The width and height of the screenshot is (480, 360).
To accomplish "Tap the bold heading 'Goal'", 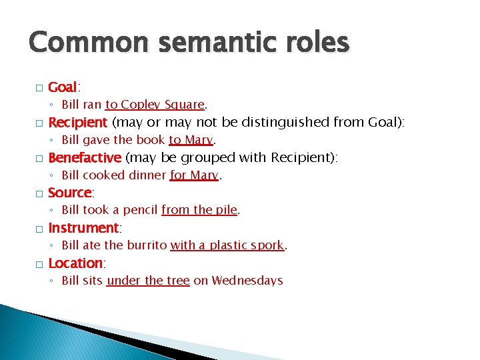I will point(63,87).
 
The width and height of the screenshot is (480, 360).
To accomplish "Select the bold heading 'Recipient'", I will point(77,123).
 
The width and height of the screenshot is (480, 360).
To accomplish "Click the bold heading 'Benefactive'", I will point(85,158).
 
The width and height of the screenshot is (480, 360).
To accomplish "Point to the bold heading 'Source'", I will point(70,193).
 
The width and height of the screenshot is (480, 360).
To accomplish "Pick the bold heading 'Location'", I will point(75,263).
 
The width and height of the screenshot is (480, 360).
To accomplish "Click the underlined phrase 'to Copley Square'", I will point(155,105).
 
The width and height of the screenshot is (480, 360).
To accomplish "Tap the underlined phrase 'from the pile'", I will point(199,210).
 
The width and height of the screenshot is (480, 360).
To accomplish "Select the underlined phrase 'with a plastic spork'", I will point(227,245).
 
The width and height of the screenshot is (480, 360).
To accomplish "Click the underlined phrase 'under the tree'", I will point(148,281).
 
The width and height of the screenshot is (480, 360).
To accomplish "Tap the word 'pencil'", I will point(140,210).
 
